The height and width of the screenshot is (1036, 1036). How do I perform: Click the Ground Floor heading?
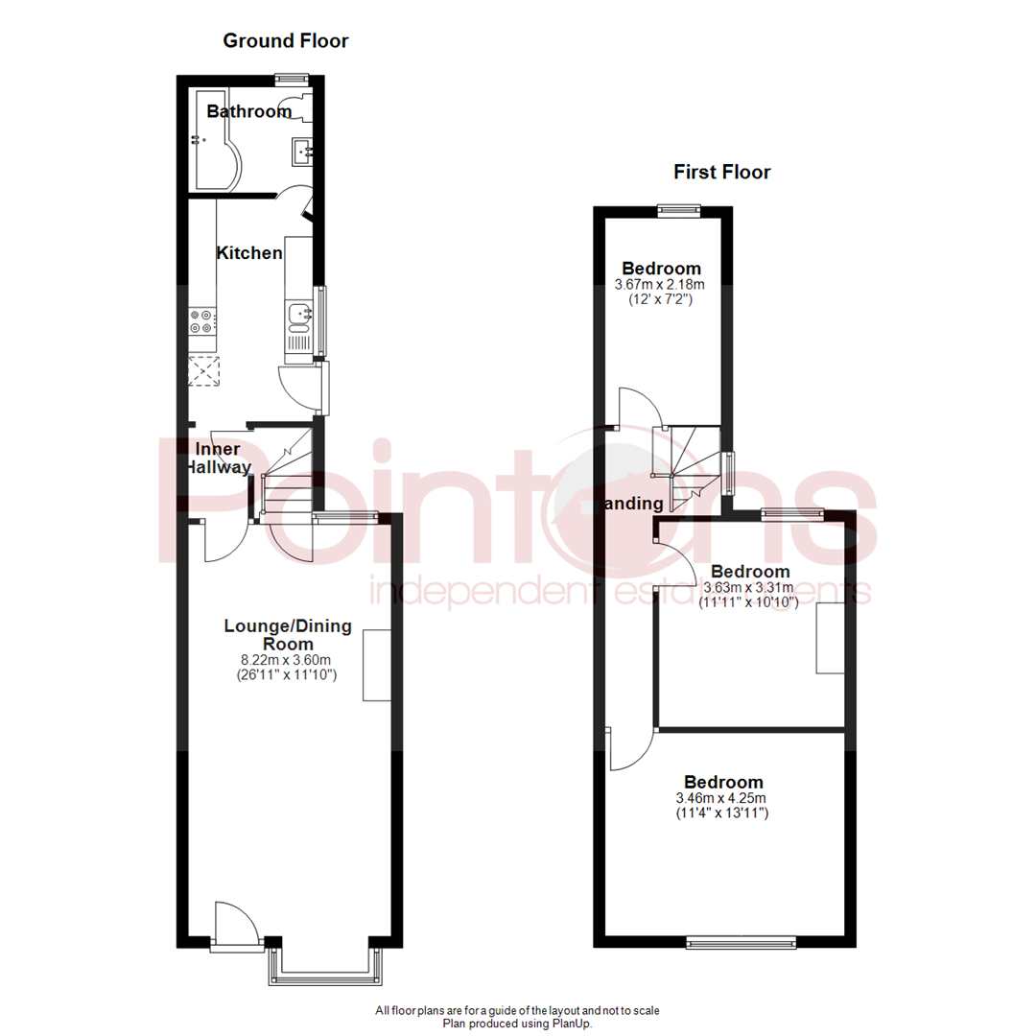285,41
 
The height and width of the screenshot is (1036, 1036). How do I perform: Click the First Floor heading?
721,173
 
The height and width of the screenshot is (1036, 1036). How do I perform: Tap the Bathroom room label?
248,112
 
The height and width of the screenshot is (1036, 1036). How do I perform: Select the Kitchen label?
249,253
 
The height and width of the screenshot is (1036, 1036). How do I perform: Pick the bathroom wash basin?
301,151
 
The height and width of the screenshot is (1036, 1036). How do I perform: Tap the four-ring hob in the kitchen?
202,320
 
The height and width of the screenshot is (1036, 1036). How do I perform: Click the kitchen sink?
298,315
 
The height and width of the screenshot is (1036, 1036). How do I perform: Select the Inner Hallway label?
218,459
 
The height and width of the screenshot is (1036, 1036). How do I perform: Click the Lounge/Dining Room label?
288,635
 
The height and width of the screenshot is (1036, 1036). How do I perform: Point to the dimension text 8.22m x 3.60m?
287,660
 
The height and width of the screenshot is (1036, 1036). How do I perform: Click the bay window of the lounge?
322,968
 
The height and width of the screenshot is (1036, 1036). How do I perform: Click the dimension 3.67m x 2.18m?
661,285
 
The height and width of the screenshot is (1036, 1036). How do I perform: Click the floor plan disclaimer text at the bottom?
518,1017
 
